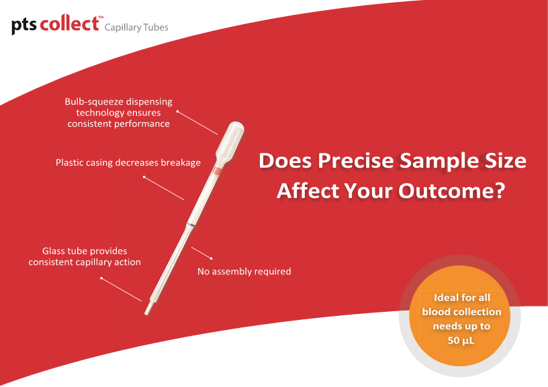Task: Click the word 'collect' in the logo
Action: click(70, 23)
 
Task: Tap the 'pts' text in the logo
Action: click(24, 26)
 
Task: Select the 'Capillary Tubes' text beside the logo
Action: click(136, 27)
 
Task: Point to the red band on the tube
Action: click(218, 170)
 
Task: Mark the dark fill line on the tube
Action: click(191, 225)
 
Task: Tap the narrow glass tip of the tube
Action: click(148, 307)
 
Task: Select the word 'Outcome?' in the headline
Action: click(451, 190)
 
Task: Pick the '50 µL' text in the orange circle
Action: click(461, 341)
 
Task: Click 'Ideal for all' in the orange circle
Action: click(462, 298)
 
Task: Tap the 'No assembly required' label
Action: click(244, 272)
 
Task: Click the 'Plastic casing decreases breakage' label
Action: click(128, 162)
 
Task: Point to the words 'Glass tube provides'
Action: click(85, 251)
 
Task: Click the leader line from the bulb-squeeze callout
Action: click(197, 123)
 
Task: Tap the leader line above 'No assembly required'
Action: click(201, 253)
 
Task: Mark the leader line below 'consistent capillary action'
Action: click(122, 289)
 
